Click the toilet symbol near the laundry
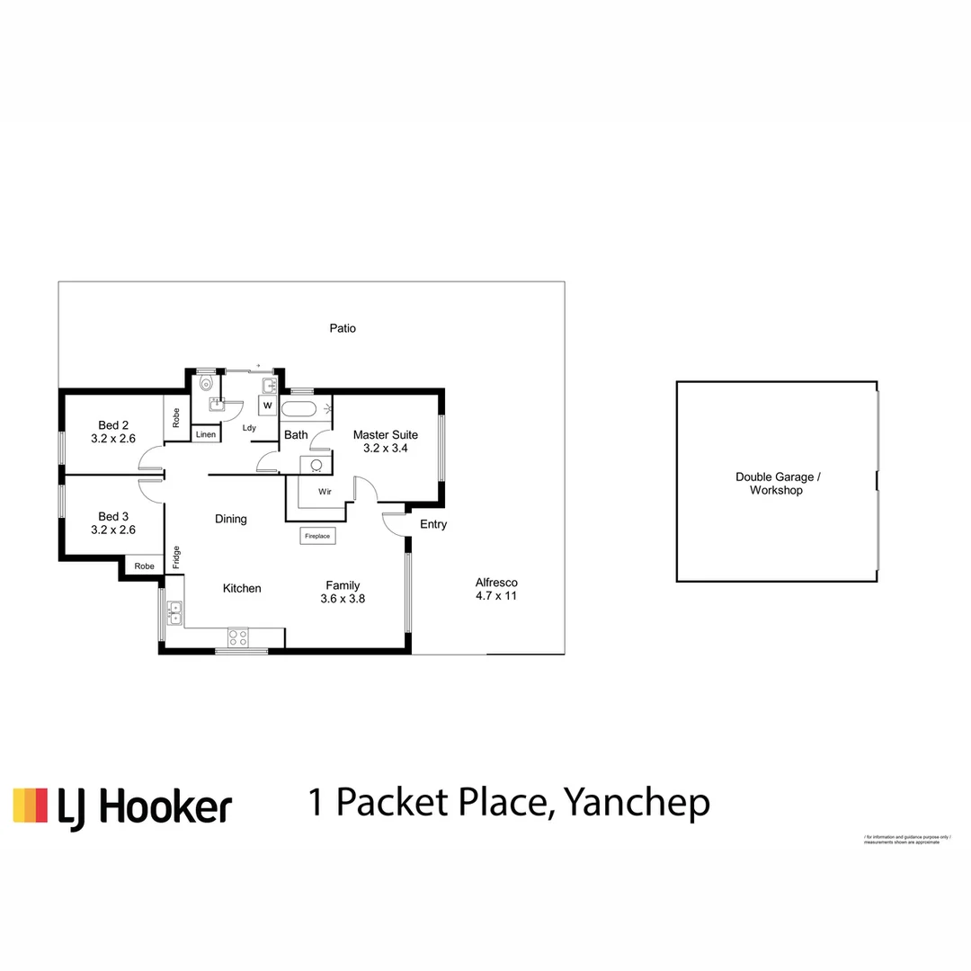point(207,383)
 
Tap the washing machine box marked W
point(268,405)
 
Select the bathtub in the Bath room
point(298,410)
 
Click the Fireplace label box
point(317,536)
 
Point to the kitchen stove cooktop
point(237,637)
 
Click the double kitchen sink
point(174,613)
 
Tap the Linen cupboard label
point(205,435)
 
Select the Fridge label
point(176,557)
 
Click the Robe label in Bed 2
point(176,417)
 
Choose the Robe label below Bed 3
point(144,566)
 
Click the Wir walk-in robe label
point(324,493)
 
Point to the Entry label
point(433,524)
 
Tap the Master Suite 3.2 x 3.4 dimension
point(386,448)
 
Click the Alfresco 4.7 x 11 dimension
point(496,595)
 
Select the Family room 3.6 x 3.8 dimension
point(343,598)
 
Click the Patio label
point(343,328)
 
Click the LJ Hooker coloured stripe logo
point(31,806)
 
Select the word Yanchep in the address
point(636,803)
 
